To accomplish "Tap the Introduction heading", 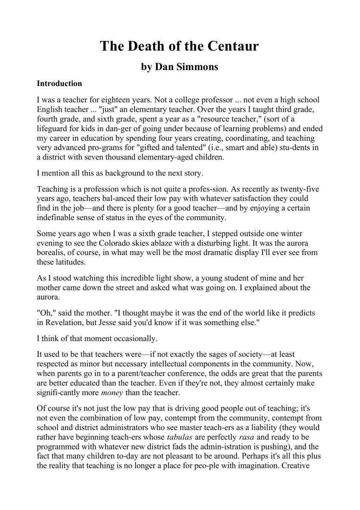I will tap(59, 83).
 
